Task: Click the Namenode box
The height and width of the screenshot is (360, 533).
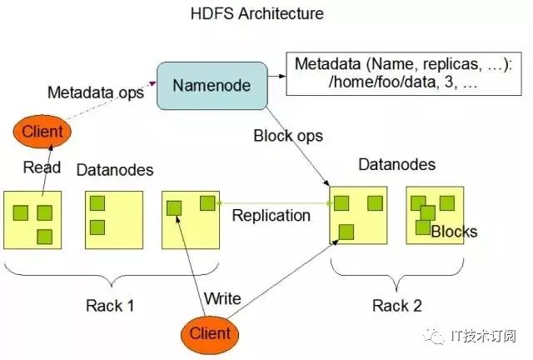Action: pos(212,86)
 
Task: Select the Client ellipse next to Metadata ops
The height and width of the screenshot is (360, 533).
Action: pos(42,132)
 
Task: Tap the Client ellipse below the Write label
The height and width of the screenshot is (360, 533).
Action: pos(210,334)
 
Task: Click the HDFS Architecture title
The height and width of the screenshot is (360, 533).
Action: pos(257,14)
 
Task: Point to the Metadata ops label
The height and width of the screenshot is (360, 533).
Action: pos(96,92)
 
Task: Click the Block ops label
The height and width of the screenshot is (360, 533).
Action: pos(288,136)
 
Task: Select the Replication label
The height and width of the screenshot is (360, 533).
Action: pos(271,215)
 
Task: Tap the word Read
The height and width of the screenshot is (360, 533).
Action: pos(42,167)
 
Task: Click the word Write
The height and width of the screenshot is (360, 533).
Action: pos(222,298)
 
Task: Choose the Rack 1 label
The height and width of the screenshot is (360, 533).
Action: pos(110,306)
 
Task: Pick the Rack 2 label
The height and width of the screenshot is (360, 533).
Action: pos(397,305)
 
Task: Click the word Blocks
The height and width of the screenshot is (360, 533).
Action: pos(454,232)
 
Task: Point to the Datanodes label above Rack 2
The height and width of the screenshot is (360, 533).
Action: pos(397,165)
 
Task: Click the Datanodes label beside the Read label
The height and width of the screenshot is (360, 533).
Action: pos(115,170)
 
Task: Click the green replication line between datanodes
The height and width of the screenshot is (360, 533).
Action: pos(274,203)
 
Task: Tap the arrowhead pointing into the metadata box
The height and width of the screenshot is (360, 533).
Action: pos(282,76)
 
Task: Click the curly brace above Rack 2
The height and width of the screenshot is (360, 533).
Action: pos(397,275)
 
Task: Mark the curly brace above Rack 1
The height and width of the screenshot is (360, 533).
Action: pos(111,275)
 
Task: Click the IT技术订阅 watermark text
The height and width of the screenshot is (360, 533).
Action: pos(484,336)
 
